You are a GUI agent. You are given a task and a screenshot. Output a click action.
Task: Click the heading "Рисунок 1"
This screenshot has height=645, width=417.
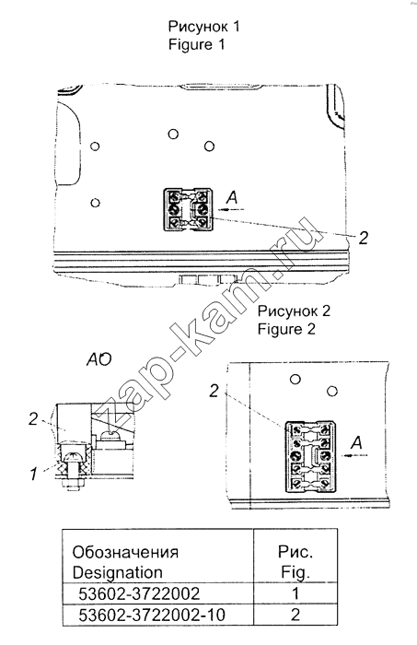(203, 27)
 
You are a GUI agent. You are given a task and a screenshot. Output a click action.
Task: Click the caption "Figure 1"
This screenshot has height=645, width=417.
(196, 44)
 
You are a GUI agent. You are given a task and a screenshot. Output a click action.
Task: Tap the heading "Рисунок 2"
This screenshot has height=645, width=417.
(294, 311)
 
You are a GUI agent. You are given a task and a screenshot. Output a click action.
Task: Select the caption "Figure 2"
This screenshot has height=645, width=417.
(286, 329)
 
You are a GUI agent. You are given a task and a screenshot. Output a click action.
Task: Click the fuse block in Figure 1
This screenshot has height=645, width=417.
(189, 210)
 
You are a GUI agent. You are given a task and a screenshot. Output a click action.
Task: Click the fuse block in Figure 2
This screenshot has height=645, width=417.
(309, 456)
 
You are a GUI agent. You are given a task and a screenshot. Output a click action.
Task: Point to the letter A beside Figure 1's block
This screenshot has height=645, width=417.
(232, 198)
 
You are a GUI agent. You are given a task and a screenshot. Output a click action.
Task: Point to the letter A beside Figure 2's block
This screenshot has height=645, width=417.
(356, 442)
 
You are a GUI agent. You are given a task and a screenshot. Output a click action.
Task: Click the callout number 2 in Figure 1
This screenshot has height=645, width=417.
(364, 238)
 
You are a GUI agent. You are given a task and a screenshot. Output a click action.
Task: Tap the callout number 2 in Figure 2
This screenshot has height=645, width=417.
(214, 392)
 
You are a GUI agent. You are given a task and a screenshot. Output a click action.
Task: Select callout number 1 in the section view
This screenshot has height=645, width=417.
(33, 474)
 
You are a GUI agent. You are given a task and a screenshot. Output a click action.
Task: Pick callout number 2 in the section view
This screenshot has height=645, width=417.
(33, 419)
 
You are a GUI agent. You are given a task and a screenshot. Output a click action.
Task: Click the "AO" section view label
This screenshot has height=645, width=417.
(98, 360)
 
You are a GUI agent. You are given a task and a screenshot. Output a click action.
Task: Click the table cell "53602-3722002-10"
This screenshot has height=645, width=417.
(152, 616)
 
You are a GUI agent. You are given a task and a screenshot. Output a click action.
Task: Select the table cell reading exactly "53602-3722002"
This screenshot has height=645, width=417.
(139, 593)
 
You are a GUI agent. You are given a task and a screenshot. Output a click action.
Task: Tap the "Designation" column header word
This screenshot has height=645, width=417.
(118, 572)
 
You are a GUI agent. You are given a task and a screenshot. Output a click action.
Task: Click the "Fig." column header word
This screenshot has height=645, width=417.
(295, 572)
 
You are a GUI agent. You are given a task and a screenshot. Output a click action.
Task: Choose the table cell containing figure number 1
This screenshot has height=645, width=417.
(295, 593)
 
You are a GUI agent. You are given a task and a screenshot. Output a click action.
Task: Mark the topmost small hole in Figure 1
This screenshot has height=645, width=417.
(173, 135)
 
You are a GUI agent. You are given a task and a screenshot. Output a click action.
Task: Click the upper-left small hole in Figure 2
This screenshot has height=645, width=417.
(295, 379)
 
